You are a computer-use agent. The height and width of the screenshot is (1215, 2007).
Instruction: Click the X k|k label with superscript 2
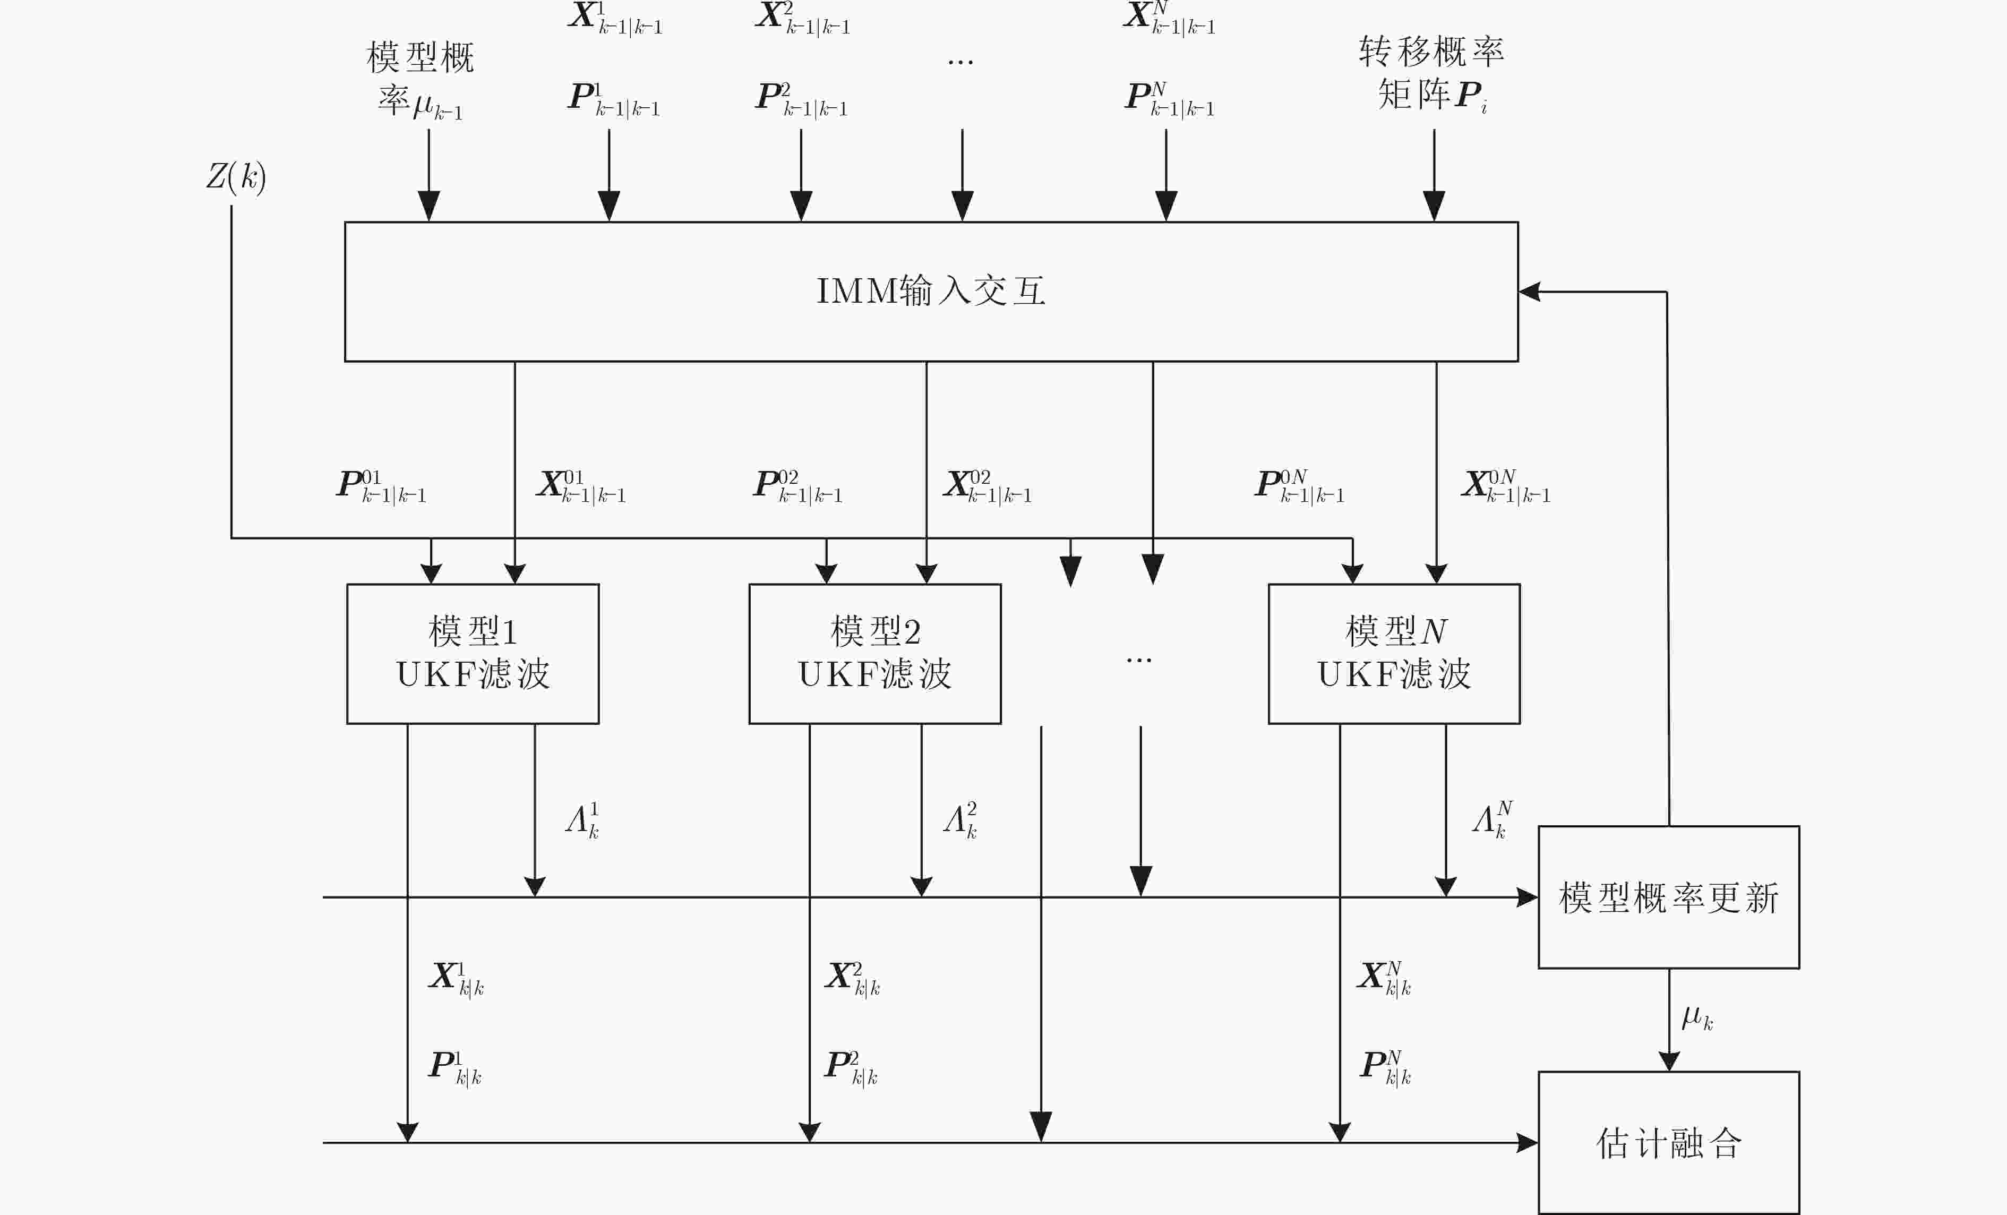point(852,978)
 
